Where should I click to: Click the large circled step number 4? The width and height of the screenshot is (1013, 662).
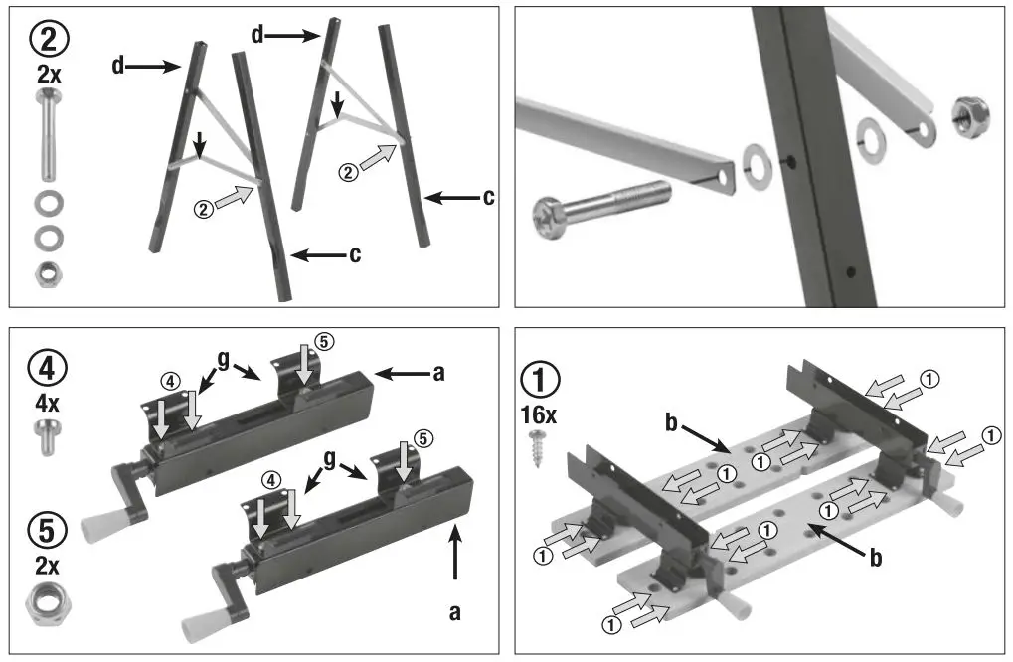[48, 368]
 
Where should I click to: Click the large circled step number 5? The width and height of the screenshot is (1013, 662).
[48, 529]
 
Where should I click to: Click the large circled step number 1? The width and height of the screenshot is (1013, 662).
[541, 379]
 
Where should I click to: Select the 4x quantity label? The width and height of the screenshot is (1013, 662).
[47, 405]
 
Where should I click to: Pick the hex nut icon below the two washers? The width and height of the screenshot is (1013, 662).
[47, 271]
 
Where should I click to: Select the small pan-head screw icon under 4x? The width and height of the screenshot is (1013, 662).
[47, 436]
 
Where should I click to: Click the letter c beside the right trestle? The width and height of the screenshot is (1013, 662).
[488, 198]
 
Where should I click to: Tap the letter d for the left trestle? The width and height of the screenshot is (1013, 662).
[119, 68]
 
